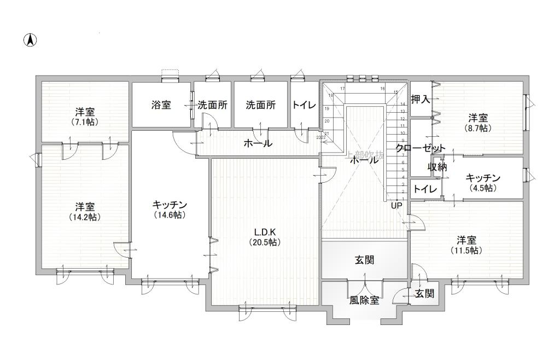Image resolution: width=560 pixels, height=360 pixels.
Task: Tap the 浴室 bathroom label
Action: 161,105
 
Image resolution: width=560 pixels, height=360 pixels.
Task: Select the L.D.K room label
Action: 265,232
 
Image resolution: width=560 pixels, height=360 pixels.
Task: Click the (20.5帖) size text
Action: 265,242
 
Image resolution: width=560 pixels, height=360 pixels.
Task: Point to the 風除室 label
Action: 364,300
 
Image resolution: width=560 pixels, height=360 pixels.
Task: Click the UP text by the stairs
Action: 396,206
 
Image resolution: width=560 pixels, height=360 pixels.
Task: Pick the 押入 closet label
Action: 421,99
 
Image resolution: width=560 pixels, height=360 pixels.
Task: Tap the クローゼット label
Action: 421,148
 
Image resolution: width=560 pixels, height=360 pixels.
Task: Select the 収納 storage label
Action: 437,167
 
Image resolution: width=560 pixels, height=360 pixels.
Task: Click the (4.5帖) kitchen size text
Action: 483,188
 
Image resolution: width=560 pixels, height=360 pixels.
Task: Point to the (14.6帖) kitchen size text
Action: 170,215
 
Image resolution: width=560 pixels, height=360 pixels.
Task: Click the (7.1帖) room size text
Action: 85,122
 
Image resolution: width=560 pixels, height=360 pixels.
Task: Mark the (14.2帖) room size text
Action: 85,217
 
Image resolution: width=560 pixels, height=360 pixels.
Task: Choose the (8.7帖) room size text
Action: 477,128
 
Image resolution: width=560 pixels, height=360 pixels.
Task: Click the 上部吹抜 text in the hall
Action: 365,155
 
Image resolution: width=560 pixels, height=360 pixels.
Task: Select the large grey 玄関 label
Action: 364,260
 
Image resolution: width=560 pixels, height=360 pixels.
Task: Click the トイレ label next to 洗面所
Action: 304,105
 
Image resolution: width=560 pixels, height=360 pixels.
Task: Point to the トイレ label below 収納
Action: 425,189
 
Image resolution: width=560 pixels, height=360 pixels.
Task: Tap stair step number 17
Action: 342,88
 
